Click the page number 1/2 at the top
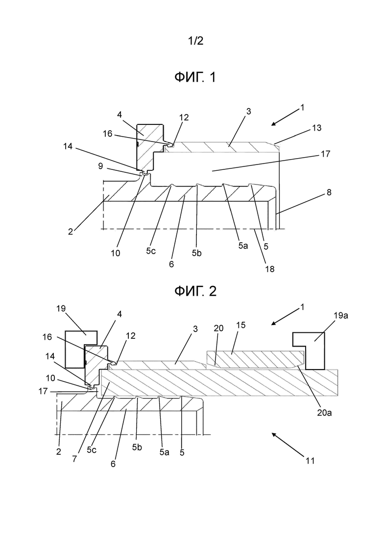coord(195,41)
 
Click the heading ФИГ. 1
coord(195,77)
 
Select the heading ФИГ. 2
coord(195,291)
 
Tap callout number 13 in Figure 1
coord(316,128)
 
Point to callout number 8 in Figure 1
coord(329,192)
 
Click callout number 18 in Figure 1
coord(270,269)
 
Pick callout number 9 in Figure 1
coord(100,166)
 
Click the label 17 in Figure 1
coord(325,154)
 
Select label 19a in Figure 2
coord(340,315)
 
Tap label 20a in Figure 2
coord(324,412)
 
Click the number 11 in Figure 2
coord(310,461)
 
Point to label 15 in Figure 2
coord(241,325)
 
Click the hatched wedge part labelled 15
coord(255,359)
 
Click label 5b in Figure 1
coord(197,253)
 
